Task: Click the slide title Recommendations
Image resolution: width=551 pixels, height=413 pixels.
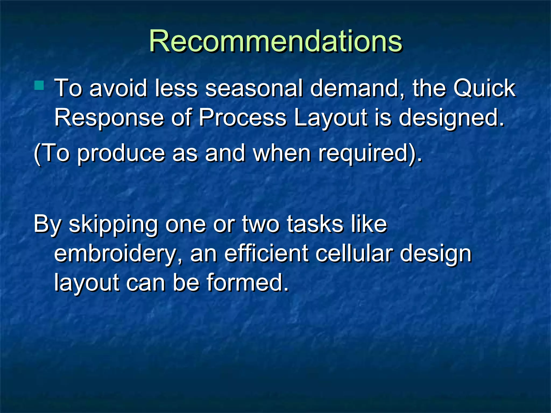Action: [x=275, y=41]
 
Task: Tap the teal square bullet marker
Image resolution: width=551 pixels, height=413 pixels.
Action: [x=39, y=85]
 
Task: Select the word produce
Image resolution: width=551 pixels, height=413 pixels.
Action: [x=121, y=153]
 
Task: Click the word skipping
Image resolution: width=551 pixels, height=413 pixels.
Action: [x=113, y=225]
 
